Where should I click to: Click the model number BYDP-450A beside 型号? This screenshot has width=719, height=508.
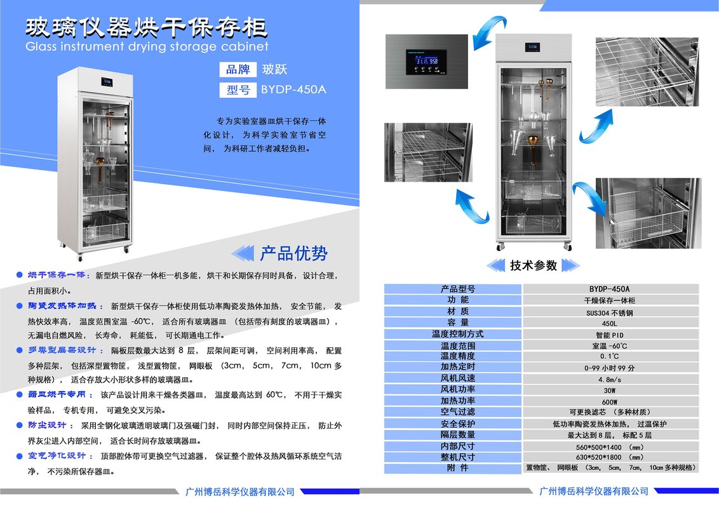click(x=293, y=90)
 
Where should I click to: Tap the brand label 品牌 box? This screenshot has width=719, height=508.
click(x=238, y=70)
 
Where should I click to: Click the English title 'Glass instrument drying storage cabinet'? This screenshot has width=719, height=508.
click(x=146, y=46)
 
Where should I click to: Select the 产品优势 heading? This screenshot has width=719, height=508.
click(x=293, y=253)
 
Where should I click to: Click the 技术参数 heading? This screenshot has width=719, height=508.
click(x=534, y=265)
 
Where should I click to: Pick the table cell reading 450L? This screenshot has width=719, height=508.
click(x=609, y=323)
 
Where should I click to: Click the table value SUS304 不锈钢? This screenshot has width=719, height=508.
click(x=609, y=312)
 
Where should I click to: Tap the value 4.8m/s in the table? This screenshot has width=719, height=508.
click(x=609, y=379)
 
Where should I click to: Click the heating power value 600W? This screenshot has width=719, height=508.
click(x=609, y=401)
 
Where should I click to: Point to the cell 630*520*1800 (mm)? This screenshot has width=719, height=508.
click(x=609, y=457)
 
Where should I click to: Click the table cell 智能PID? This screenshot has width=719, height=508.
click(x=609, y=335)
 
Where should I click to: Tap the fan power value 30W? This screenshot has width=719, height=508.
click(x=609, y=390)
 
